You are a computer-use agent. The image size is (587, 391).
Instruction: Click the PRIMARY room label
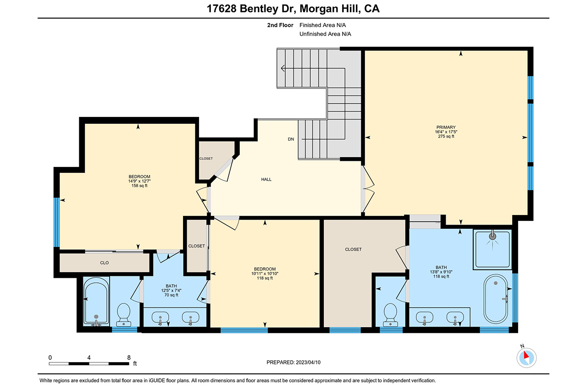point(446,127)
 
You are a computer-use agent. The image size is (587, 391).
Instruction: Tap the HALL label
point(266,179)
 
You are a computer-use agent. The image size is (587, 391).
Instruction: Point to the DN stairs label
point(291,139)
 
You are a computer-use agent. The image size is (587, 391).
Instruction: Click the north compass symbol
point(526,358)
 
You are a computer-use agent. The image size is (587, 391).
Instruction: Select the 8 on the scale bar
point(129,358)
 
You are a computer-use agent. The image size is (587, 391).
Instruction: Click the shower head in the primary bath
point(493,236)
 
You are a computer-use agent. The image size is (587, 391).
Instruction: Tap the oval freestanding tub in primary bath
point(496,299)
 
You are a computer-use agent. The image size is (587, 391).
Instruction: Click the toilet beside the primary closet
point(390,315)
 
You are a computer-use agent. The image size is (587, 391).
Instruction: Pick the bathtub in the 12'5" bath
point(96,302)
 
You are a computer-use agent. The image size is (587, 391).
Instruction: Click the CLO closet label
point(104,263)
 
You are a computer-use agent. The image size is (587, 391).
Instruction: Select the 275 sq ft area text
point(446,137)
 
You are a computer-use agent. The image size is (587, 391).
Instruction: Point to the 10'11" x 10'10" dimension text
point(265,274)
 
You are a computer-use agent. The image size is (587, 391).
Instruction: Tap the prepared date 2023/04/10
point(308,363)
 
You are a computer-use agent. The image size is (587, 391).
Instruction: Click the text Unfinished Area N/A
point(325,34)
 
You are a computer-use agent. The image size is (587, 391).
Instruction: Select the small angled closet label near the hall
point(206,159)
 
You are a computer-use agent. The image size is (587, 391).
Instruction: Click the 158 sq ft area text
point(139,186)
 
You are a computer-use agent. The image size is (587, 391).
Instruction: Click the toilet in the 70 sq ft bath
point(124,314)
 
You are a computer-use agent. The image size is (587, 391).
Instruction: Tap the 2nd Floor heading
point(280,25)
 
